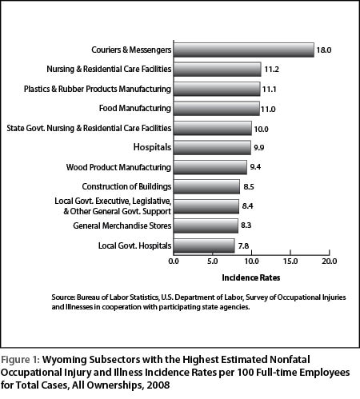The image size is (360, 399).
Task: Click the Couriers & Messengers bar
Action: (244, 50)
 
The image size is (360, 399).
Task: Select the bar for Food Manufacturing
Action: (217, 109)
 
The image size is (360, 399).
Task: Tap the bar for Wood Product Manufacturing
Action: (210, 167)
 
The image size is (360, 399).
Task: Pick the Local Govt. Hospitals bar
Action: (204, 245)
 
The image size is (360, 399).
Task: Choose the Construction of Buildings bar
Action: (206, 186)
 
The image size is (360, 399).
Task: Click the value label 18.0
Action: (324, 50)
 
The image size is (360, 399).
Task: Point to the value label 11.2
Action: (271, 70)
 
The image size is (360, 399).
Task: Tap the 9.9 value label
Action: (258, 147)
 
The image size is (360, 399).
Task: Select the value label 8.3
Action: (246, 225)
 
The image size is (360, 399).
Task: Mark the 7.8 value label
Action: (243, 245)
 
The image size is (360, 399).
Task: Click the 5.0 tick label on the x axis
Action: (213, 261)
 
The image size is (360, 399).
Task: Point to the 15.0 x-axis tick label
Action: (290, 261)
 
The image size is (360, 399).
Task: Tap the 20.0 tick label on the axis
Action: (330, 261)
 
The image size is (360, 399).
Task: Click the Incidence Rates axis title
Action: (251, 277)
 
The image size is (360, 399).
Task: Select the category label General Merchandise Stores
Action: (122, 225)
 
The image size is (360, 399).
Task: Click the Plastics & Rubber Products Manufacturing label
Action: (98, 89)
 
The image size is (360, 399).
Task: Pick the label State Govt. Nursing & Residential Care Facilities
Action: (89, 128)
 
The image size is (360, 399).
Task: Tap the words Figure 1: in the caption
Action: (20, 360)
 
